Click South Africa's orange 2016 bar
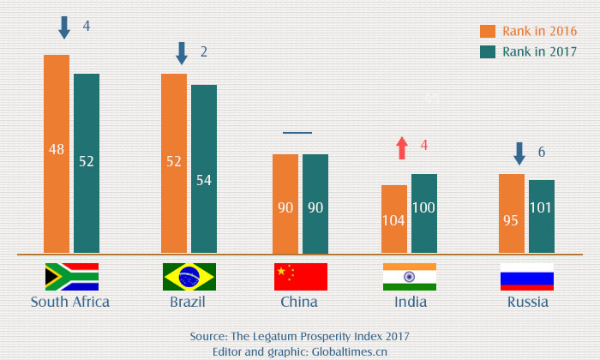click(57, 154)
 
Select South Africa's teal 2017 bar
click(87, 163)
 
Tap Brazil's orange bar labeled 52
click(174, 163)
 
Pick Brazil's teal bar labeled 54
click(204, 169)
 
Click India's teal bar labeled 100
click(424, 213)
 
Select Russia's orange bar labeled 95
click(512, 213)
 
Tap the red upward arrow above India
click(401, 147)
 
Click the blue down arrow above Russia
click(519, 153)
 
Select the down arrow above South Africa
click(64, 27)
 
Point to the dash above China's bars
click(297, 133)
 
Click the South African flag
click(71, 277)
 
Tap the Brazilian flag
click(189, 277)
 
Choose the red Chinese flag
click(301, 277)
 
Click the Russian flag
click(527, 277)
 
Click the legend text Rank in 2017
click(539, 52)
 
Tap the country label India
click(410, 302)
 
